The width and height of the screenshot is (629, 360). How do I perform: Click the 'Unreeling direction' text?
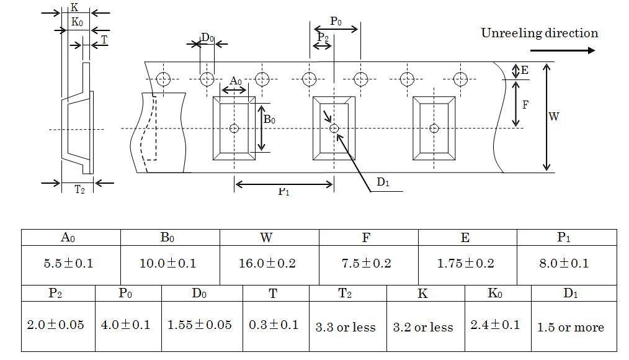540,34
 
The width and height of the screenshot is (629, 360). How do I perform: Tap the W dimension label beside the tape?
554,116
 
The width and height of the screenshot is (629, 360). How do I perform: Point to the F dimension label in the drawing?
525,104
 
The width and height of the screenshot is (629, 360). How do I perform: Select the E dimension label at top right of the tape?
525,71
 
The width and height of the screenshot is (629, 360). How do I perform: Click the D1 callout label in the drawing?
383,182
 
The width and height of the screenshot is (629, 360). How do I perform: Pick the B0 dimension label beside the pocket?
269,119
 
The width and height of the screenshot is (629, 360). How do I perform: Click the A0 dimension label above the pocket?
235,81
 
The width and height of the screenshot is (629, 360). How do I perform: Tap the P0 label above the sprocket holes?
336,21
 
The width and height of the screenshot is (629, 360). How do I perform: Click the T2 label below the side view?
79,190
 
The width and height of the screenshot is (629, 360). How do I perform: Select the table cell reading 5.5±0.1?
69,263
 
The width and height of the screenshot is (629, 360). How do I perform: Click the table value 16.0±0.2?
267,263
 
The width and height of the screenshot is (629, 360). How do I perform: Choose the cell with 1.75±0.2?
466,263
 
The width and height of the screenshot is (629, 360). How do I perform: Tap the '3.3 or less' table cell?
346,327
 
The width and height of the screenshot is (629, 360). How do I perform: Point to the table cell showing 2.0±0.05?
56,325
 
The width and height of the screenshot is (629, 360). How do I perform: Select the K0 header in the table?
495,294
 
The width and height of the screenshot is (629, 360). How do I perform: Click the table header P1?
564,238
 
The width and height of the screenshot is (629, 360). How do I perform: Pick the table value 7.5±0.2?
367,263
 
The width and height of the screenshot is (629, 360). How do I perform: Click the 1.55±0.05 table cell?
200,325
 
